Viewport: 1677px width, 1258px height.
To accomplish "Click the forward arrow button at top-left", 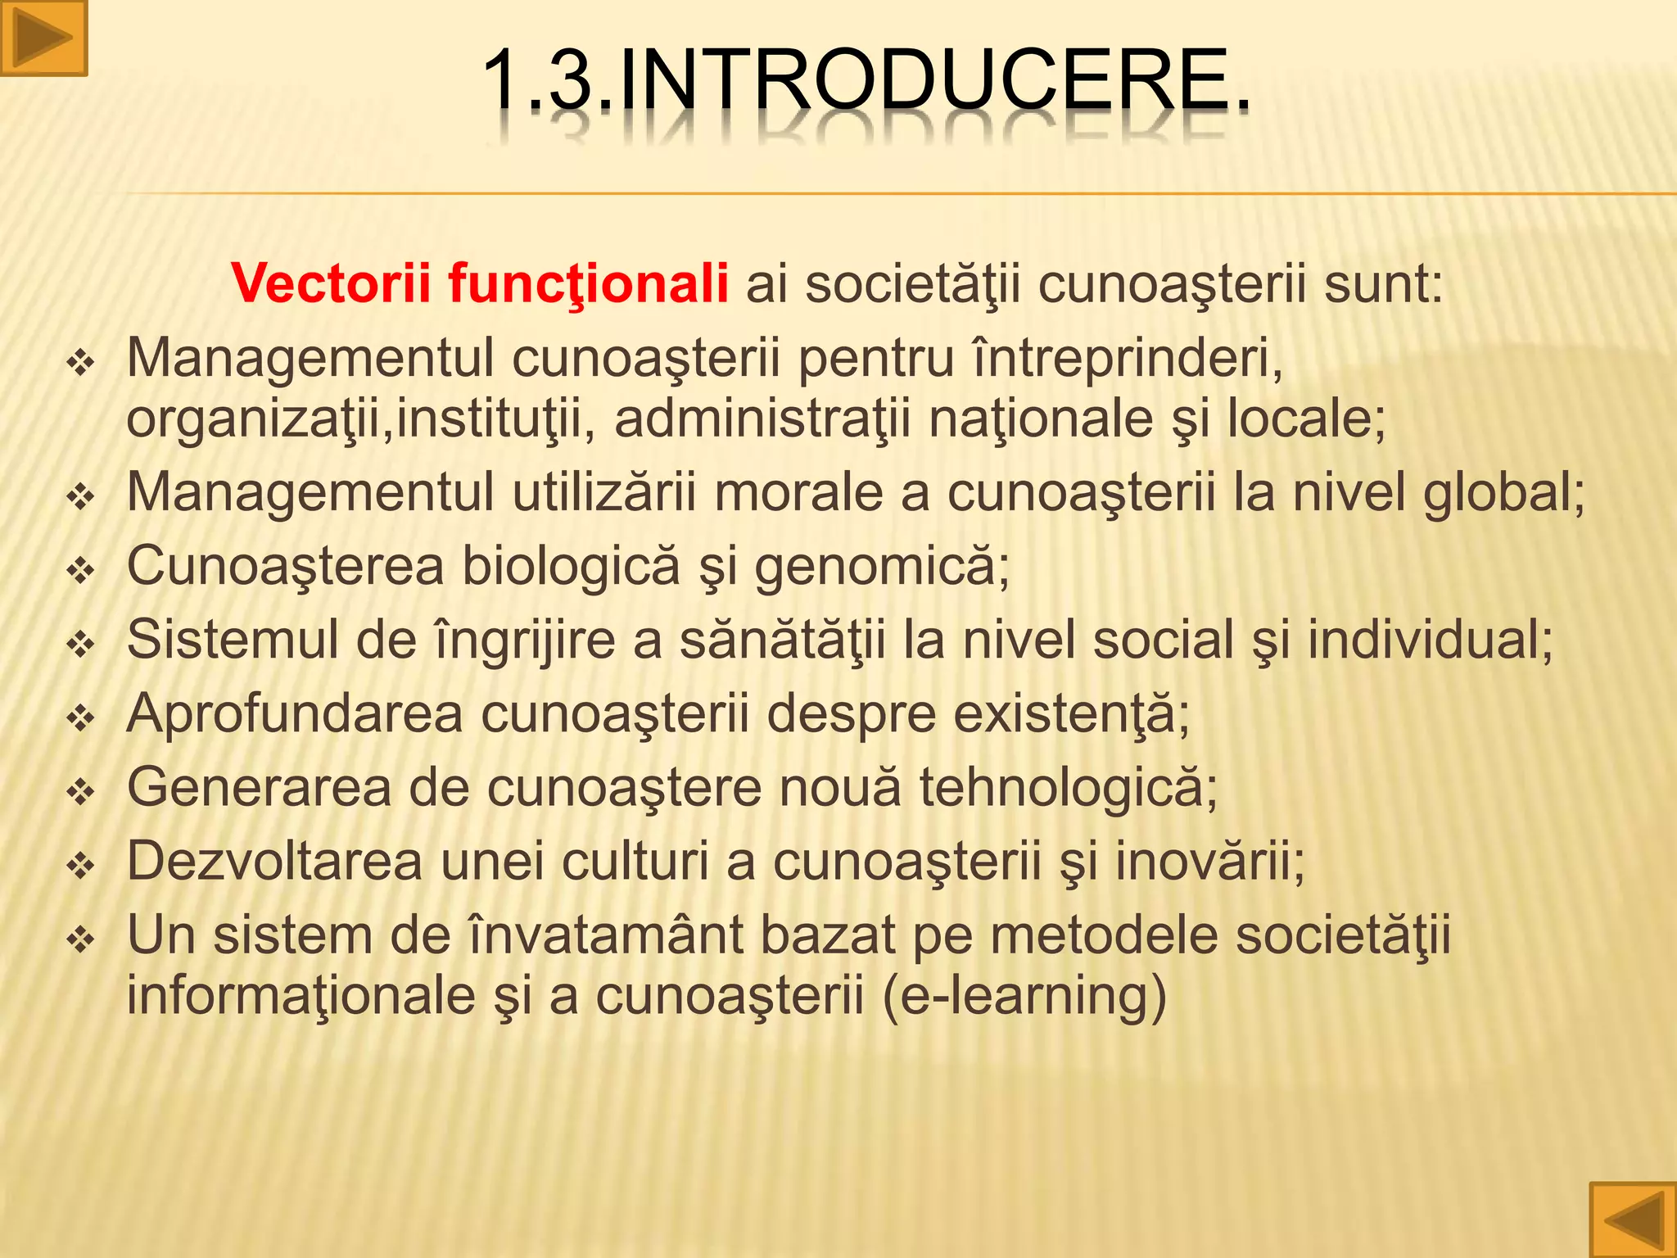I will point(43,38).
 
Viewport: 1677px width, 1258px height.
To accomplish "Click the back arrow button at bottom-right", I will point(1633,1220).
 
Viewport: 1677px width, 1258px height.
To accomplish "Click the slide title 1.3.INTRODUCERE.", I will point(866,80).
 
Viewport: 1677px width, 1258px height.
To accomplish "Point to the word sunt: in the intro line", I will point(1383,283).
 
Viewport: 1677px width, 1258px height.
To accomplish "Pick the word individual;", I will point(1430,640).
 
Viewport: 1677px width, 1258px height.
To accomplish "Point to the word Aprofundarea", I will point(295,714).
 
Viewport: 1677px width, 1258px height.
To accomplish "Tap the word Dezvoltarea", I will point(274,861).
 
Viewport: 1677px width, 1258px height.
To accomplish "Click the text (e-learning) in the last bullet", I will point(1024,997).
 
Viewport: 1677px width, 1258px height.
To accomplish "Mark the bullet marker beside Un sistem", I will point(81,939).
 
